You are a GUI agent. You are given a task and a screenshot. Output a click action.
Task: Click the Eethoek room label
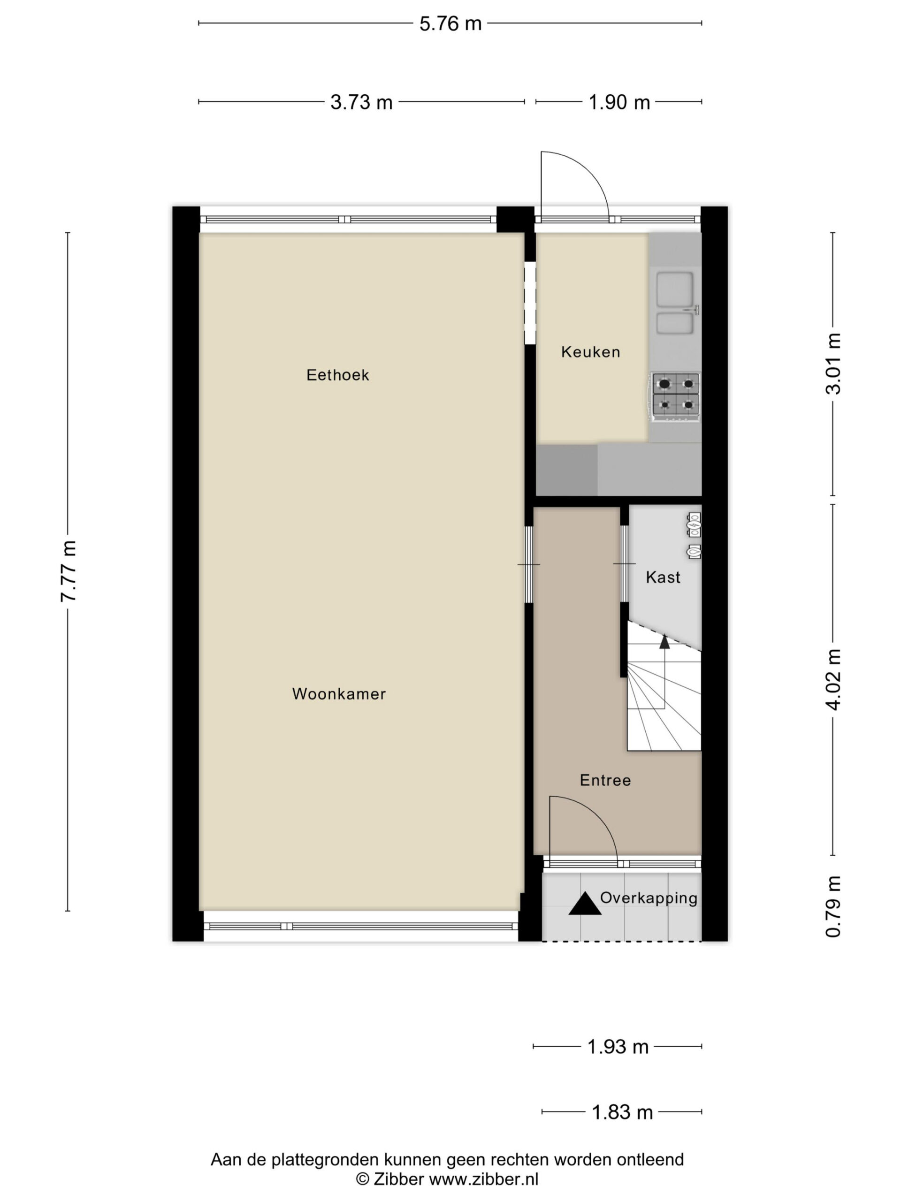(337, 375)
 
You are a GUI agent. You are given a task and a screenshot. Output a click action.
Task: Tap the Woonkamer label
(339, 694)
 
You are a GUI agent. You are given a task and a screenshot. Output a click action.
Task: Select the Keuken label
(590, 352)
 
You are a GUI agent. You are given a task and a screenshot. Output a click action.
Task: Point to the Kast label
(663, 577)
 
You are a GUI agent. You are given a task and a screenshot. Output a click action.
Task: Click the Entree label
(605, 780)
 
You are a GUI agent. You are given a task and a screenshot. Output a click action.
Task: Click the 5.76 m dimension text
(450, 24)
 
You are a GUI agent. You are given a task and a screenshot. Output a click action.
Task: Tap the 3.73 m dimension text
(361, 102)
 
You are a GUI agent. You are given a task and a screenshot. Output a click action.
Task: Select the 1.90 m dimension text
(619, 102)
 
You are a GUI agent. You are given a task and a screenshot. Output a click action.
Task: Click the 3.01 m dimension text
(832, 364)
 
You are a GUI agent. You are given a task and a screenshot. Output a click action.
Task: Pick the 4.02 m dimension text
(832, 679)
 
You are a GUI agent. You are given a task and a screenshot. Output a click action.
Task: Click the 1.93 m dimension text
(618, 1047)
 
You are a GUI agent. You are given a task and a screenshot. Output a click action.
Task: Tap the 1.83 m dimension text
(622, 1112)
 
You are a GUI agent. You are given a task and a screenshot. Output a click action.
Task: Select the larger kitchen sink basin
(674, 289)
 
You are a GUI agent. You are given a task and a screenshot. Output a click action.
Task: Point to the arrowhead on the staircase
(664, 642)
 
